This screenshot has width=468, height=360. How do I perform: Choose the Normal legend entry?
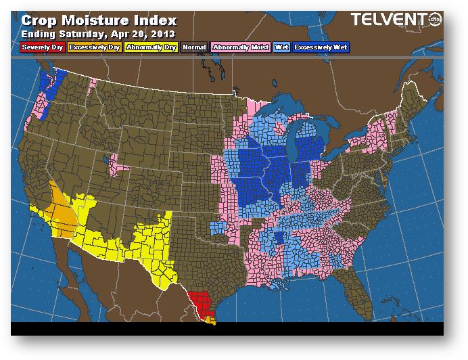tap(194, 47)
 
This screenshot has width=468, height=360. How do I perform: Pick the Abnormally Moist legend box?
tap(240, 47)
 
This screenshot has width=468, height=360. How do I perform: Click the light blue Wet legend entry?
tap(281, 47)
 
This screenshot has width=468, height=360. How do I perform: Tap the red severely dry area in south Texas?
tap(201, 302)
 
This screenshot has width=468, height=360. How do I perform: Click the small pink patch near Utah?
tap(120, 162)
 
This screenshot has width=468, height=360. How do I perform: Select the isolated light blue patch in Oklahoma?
tap(218, 227)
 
